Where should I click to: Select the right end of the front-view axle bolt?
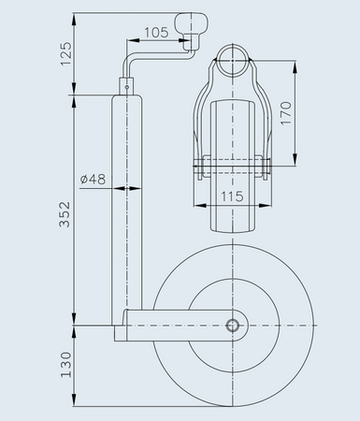click(269, 167)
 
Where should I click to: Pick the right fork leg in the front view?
click(261, 122)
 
